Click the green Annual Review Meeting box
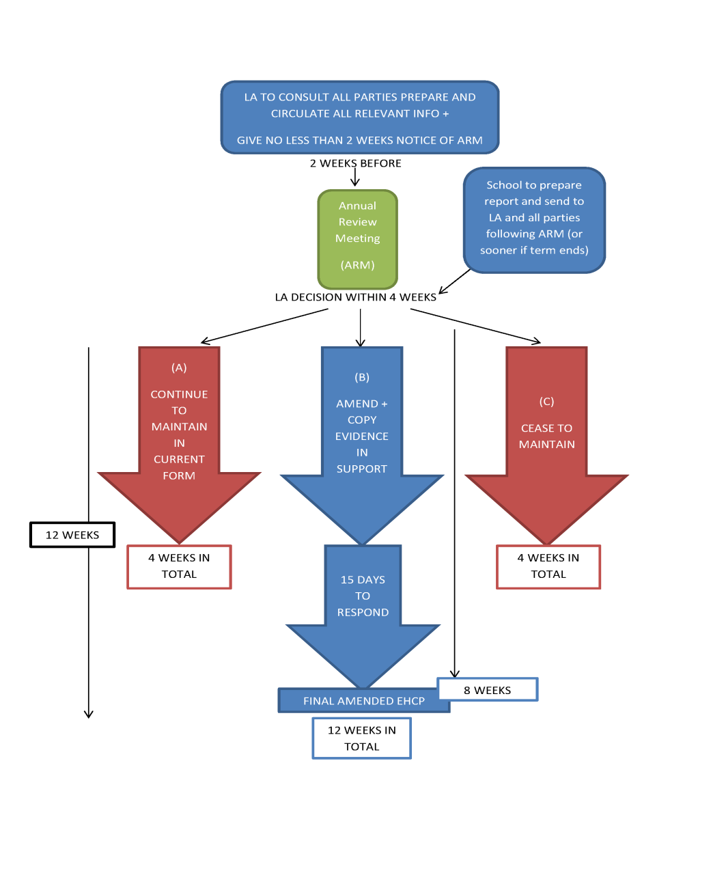357,239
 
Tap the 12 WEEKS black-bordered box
72,534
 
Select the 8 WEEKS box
488,690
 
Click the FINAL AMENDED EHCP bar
364,701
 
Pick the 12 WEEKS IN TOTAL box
361,738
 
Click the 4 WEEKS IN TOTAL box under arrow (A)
179,566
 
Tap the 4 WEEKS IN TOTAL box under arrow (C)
548,566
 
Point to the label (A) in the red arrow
179,368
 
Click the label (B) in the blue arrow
362,377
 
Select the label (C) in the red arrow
546,402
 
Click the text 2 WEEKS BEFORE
356,163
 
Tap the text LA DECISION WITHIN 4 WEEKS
356,297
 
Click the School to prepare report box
534,220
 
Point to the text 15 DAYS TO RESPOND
363,596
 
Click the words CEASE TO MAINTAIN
546,436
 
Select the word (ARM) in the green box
357,265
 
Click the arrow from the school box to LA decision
454,281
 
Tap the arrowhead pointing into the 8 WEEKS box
454,674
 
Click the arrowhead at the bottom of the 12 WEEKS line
89,715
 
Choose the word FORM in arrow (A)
179,475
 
